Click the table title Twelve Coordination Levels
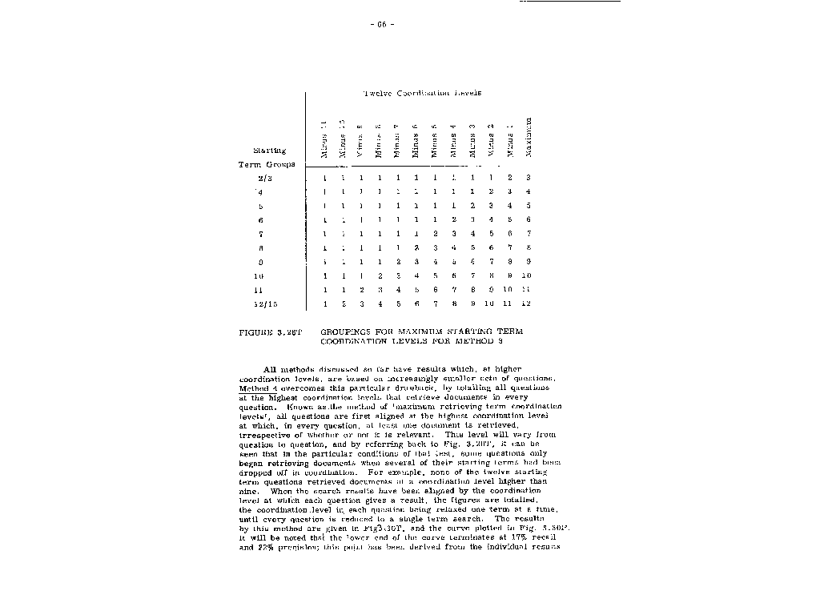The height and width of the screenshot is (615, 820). tap(422, 93)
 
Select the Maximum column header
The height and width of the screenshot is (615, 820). tap(529, 137)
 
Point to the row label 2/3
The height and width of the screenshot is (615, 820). tap(265, 177)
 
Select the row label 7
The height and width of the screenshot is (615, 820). tap(262, 234)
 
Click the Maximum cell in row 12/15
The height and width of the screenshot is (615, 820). tap(528, 304)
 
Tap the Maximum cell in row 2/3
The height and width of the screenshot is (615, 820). tap(529, 177)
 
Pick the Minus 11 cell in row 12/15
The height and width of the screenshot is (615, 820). tap(325, 304)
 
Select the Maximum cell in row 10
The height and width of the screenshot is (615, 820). tap(528, 276)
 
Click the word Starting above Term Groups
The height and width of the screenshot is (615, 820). tap(270, 150)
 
